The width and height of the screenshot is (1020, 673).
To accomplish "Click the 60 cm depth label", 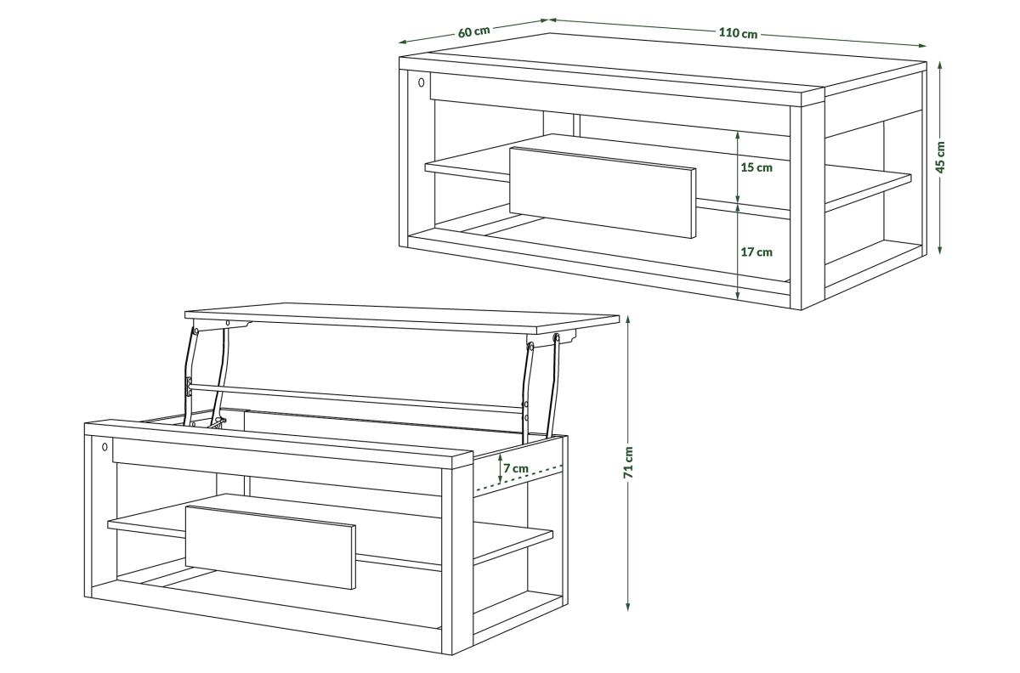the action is coord(474,32).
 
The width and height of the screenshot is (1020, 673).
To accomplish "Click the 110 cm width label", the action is coord(738,33).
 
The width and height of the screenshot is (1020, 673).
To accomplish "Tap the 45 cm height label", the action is coord(941,157).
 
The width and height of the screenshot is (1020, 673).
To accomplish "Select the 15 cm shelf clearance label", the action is coord(756,167).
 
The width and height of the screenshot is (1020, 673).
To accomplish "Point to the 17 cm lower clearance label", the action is coord(756,252).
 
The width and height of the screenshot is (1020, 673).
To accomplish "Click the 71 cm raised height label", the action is coord(628,462).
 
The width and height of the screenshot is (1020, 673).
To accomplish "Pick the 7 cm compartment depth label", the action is coord(516,468).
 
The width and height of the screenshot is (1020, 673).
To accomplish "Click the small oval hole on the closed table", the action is coord(422,82).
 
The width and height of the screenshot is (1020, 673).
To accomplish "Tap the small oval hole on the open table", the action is coord(105,447).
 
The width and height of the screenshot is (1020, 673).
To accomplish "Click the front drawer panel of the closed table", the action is coord(603,192).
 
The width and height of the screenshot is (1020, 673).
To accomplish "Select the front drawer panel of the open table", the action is coord(270,547).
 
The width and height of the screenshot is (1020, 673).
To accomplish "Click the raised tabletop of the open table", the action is coord(401,318).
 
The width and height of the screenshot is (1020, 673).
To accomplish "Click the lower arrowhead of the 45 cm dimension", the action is coord(940,250).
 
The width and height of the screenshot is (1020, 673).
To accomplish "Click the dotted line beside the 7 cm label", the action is coord(519,478).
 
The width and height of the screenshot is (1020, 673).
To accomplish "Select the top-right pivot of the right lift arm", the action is coord(556,337).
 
